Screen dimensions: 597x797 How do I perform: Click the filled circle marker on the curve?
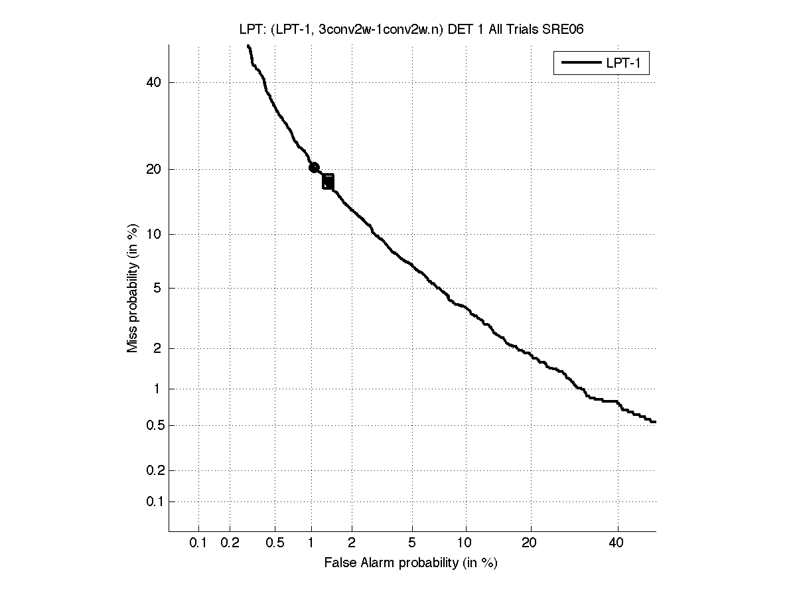coord(314,168)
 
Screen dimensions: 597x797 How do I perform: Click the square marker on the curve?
coord(328,182)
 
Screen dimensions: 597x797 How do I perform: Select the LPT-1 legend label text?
coord(622,64)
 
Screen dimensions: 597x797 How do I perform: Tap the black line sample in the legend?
coord(580,64)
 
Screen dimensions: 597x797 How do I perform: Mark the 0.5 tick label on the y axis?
coord(154,425)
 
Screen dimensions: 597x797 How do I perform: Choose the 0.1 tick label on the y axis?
coord(154,502)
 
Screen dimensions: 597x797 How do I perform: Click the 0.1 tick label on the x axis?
coord(198,543)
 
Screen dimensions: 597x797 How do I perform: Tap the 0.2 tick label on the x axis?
coord(230,543)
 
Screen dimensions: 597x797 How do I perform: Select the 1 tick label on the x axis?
coord(311,543)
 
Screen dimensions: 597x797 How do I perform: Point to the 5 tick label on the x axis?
coord(412,543)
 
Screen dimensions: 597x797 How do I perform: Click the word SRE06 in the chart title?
coord(563,30)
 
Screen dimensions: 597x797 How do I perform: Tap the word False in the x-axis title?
coord(338,563)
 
